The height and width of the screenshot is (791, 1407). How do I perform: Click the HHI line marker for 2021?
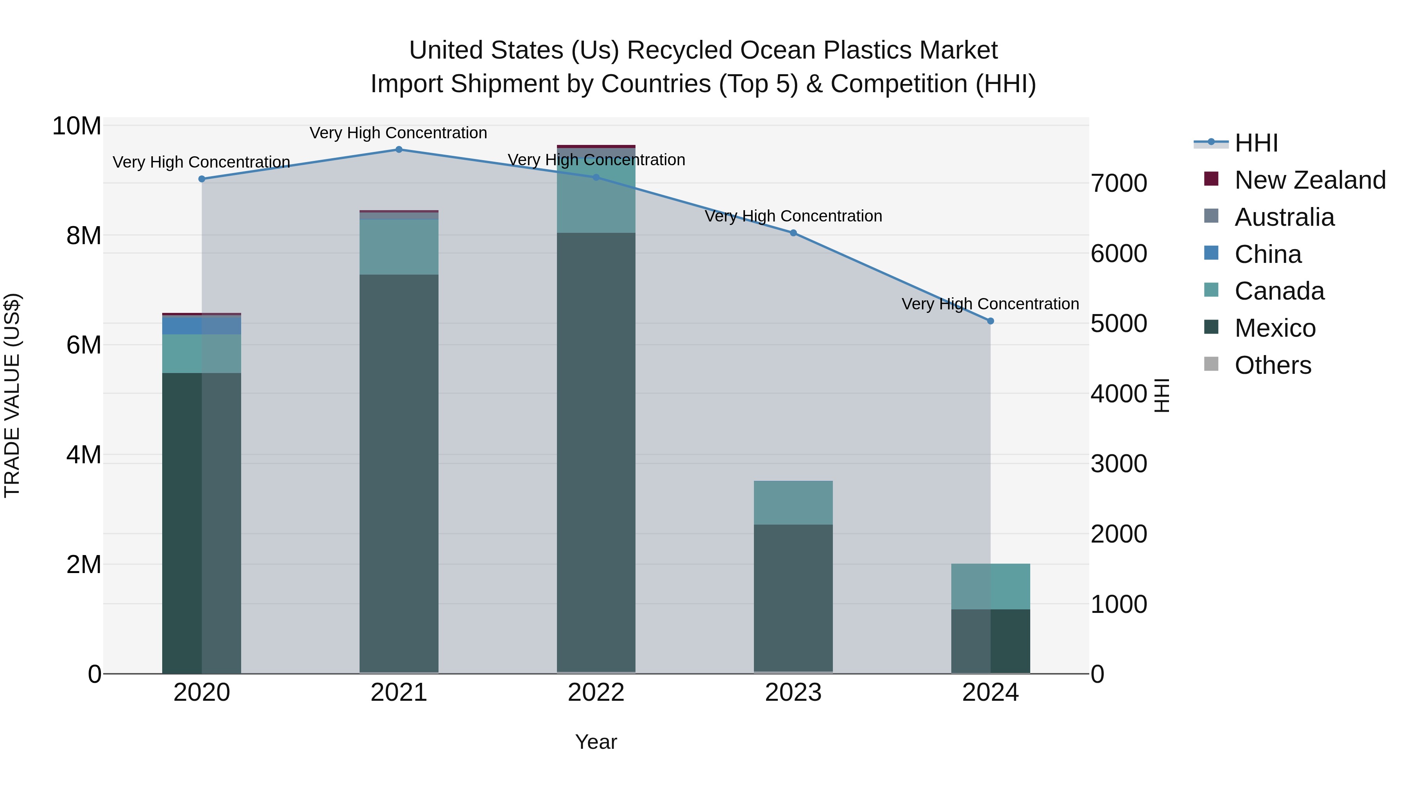click(399, 150)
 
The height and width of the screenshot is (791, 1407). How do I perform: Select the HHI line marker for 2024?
click(990, 321)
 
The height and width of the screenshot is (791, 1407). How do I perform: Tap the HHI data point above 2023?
click(793, 233)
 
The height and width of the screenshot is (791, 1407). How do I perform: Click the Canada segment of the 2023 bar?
click(793, 503)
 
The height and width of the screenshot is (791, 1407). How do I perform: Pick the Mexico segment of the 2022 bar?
click(596, 453)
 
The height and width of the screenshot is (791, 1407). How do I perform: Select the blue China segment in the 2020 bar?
click(202, 325)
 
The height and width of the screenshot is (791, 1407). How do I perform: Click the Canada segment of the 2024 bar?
click(990, 586)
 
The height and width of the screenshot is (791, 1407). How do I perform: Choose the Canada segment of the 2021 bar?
click(399, 247)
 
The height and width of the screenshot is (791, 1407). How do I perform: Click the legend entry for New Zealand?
click(1310, 180)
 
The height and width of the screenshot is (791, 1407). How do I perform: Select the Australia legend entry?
click(1284, 217)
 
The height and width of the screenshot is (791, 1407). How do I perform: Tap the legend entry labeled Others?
click(1273, 365)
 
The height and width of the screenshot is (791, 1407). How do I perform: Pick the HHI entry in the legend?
click(1256, 143)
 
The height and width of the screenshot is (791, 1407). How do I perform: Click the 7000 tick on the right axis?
click(1119, 184)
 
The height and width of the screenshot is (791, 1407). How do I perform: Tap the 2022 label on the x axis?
click(596, 693)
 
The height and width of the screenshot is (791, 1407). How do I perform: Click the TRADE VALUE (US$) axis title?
click(12, 395)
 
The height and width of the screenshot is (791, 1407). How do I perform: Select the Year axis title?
click(596, 742)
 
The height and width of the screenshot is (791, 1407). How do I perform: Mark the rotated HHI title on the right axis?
click(1162, 395)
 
